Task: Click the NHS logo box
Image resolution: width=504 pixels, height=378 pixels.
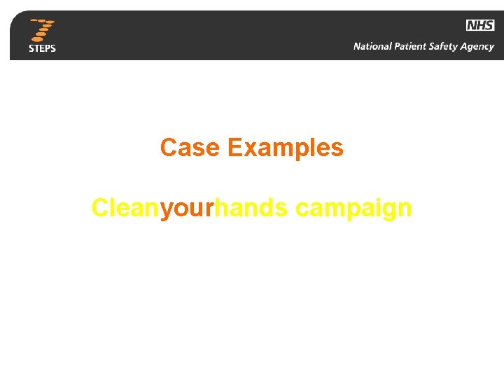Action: click(480, 25)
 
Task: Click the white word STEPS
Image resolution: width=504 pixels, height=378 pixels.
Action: click(42, 48)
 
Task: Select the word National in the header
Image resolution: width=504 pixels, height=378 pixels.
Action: click(373, 47)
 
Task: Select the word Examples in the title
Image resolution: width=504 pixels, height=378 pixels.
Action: click(286, 148)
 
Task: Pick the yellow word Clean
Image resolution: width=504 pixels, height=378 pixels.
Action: click(125, 208)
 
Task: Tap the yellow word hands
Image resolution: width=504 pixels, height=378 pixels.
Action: click(251, 208)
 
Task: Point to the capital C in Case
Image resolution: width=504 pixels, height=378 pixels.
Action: click(168, 148)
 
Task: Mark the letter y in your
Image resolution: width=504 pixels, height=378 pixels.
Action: click(166, 211)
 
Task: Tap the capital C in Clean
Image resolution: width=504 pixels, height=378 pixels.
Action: click(101, 208)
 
